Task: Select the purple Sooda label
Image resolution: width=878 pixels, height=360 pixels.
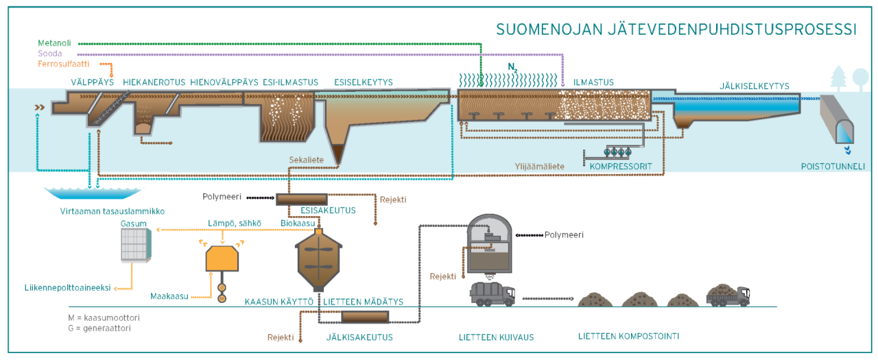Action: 50,53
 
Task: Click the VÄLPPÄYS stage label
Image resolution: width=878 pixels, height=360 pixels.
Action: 91,82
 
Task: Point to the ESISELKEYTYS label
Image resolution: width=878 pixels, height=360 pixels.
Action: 363,82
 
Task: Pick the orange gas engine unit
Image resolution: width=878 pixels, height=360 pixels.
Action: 222,259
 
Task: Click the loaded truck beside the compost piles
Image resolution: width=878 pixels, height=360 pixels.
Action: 728,294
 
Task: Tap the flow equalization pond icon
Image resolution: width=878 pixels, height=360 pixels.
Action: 92,195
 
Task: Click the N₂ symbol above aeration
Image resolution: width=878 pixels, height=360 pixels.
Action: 512,67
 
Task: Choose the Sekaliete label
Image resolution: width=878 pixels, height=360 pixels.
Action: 306,159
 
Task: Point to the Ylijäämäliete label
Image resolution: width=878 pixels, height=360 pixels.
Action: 540,166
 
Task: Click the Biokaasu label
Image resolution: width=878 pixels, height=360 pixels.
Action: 297,223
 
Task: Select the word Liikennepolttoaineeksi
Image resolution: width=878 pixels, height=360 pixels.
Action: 67,288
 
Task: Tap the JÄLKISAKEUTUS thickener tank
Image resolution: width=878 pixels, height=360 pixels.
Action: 364,317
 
